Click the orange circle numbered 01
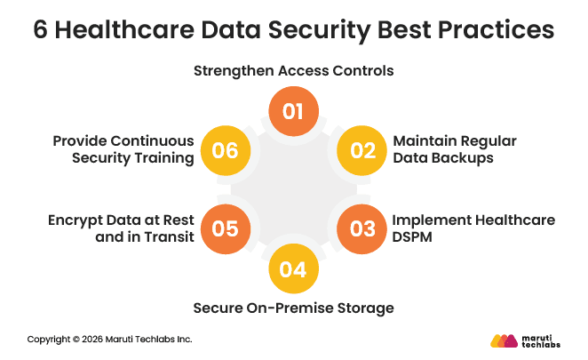pos(294,111)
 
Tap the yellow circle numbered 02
pos(362,150)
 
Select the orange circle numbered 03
pos(362,228)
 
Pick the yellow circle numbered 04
pos(294,268)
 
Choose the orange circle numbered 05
pos(226,228)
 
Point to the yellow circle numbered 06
pos(226,150)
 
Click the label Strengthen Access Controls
pos(293,69)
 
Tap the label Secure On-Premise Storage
pos(294,308)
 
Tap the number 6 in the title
pos(41,30)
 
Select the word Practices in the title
pos(498,30)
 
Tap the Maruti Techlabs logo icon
pos(504,340)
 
